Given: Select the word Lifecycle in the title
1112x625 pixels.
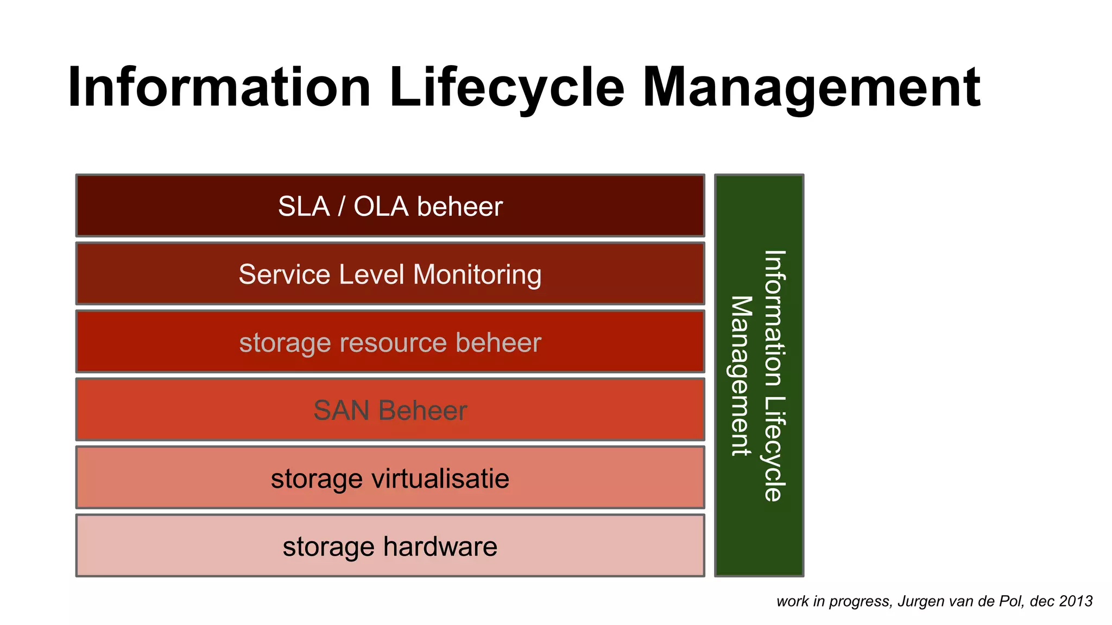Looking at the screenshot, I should [507, 87].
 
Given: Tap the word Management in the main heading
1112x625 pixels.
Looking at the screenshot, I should [811, 87].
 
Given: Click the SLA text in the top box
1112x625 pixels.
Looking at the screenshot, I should [304, 207].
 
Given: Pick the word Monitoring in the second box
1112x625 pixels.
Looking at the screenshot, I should [477, 275].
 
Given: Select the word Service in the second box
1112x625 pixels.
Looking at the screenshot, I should [285, 275].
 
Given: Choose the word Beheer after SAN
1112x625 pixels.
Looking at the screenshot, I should [423, 411].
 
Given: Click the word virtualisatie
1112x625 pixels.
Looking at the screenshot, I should [440, 479].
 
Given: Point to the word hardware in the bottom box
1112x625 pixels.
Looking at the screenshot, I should [440, 547].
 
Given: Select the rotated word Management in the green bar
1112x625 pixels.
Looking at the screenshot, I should [741, 375].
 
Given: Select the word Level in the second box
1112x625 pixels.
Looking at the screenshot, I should [372, 275].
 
